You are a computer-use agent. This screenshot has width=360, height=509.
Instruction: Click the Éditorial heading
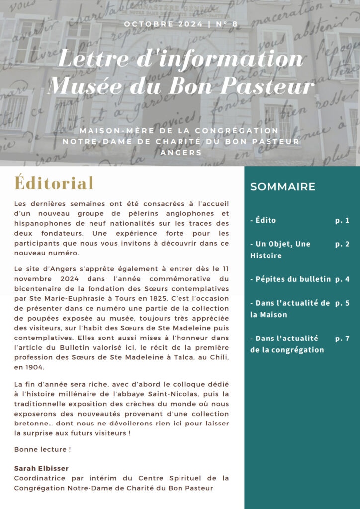(54, 183)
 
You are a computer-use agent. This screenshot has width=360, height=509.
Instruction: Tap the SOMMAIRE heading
(282, 187)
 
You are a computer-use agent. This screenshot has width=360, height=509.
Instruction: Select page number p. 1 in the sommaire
(342, 220)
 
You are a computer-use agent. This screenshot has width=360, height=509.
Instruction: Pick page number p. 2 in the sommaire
(342, 244)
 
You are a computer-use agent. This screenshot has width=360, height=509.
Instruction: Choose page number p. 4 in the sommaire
(342, 279)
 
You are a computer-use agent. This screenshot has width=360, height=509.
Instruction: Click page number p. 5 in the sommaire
(342, 303)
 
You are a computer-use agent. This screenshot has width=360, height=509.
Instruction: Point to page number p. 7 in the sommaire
(342, 338)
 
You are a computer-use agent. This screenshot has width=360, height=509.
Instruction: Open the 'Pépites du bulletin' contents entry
(290, 279)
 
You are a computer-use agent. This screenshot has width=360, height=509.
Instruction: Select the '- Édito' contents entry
(263, 220)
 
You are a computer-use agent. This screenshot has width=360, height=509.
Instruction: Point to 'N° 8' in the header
(225, 24)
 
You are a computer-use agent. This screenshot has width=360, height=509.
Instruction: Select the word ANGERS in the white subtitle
(180, 152)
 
